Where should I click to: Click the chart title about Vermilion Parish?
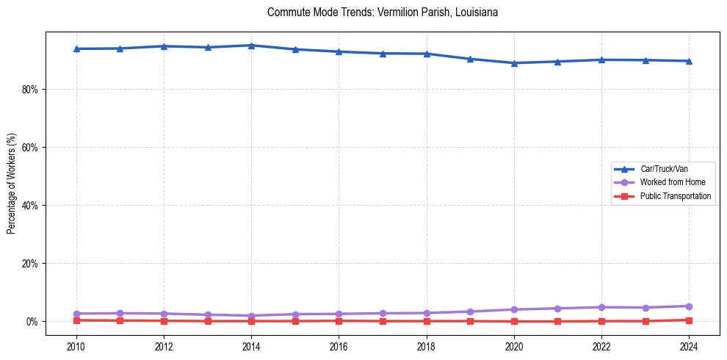pos(383,12)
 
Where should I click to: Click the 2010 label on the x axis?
pos(76,346)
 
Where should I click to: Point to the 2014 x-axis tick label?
pos(251,346)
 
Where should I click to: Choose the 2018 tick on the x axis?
pos(427,346)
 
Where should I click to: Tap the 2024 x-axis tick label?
pos(689,346)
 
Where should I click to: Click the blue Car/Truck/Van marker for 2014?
pos(251,46)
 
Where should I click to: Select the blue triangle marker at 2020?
pos(514,63)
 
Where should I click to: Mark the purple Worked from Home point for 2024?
pos(689,306)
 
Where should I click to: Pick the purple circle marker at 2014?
pos(251,316)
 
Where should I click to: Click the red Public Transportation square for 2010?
pos(76,320)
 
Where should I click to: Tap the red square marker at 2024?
pos(689,320)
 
